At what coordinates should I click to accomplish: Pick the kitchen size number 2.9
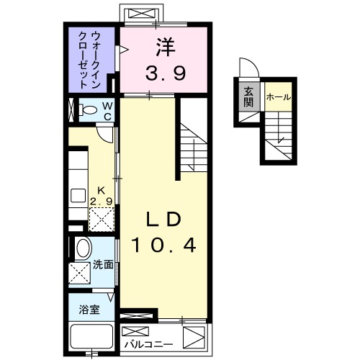click(x=101, y=202)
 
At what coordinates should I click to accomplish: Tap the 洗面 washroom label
click(x=103, y=265)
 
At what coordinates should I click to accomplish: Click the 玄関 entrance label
click(x=248, y=96)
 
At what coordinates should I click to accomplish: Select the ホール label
click(x=279, y=96)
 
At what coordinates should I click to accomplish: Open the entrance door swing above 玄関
click(x=248, y=69)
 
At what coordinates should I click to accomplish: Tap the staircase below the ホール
click(x=279, y=137)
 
